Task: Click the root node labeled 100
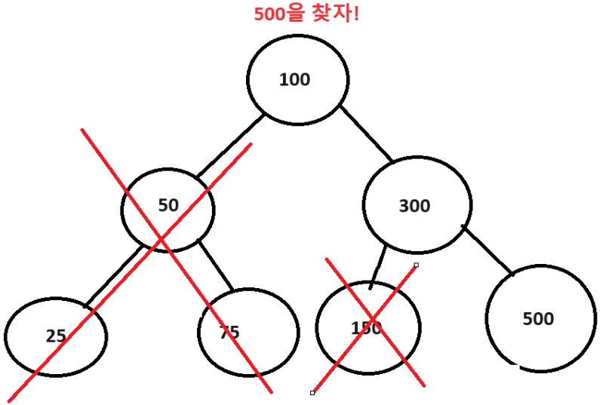tap(297, 79)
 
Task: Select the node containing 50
tap(168, 209)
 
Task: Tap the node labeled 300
tap(417, 205)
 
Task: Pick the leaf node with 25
tap(55, 336)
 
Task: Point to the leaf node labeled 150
tap(367, 328)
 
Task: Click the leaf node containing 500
tap(540, 318)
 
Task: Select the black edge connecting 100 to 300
tap(365, 133)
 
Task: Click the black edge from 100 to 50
tap(230, 147)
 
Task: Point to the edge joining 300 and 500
tap(487, 250)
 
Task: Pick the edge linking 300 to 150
tap(378, 265)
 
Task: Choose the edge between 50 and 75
tap(216, 265)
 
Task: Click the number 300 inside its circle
tap(414, 205)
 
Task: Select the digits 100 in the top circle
tap(294, 79)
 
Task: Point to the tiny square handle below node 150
tap(312, 393)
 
